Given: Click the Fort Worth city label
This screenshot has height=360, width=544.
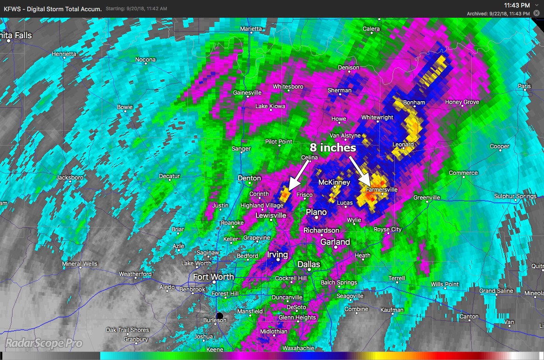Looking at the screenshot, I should point(214,277).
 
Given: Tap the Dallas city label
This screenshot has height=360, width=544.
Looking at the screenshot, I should point(309,264).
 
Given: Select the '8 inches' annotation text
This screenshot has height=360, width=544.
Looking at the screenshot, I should point(332,148).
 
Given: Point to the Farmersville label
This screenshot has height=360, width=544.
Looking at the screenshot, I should point(381,190).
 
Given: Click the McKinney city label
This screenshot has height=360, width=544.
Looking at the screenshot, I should point(334,182).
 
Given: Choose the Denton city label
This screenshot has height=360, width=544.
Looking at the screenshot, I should point(249,178).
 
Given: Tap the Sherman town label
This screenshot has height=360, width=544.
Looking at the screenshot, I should point(339,90).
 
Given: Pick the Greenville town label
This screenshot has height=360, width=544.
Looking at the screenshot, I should point(427,198).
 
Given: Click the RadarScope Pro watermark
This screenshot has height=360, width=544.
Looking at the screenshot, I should point(44,344).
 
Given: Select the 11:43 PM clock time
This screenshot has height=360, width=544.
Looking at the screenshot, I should point(516,5).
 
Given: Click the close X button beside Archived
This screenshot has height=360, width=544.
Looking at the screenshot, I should point(536,14).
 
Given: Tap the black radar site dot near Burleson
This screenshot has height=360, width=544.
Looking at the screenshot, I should point(220,316).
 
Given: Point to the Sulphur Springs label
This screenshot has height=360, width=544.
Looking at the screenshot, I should point(515,196).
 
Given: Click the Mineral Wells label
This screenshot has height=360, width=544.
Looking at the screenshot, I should point(80,264).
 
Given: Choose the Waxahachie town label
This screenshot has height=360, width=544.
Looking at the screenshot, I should point(298,348).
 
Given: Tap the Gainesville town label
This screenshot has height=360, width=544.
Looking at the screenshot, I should point(247,93).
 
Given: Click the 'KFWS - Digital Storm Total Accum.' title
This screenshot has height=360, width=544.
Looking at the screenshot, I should point(52,8).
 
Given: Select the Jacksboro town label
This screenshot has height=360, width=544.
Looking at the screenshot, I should point(70,178).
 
